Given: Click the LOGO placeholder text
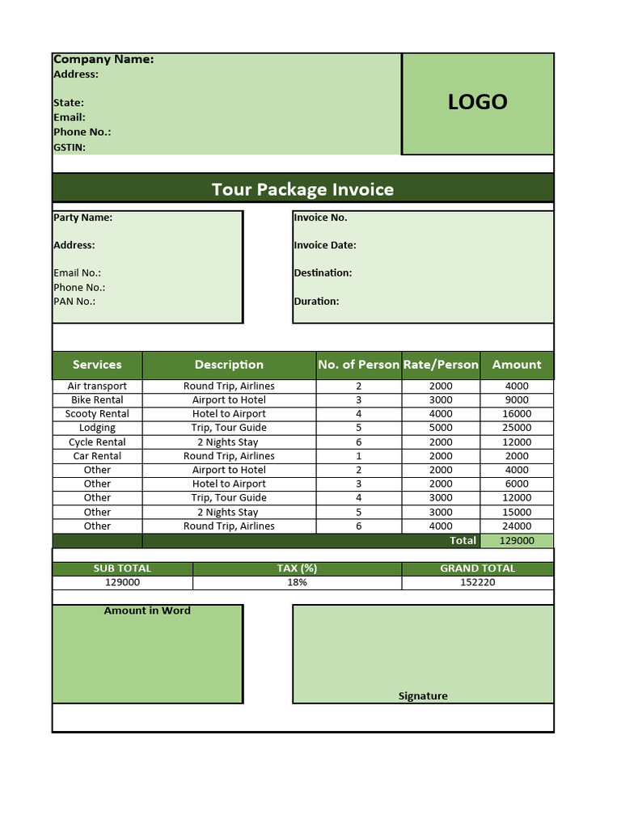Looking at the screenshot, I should (x=477, y=102).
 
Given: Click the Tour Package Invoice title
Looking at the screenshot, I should (x=302, y=189).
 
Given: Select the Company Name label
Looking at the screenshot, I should (x=103, y=59).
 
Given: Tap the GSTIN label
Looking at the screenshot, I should (x=70, y=147).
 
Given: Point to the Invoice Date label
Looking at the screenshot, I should (x=325, y=245).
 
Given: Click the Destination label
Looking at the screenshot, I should (x=323, y=272).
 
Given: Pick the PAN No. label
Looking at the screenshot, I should (x=74, y=301).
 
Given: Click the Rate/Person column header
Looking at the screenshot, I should (x=441, y=365).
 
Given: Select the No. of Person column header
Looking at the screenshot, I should (x=358, y=365).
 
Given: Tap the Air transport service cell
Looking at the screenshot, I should (x=97, y=386).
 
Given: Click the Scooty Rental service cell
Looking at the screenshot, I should (x=97, y=414).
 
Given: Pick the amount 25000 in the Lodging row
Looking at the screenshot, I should (x=517, y=428).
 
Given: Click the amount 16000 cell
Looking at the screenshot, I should (x=517, y=414).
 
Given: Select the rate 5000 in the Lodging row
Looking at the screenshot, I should (x=441, y=428).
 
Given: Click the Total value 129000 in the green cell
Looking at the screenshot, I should (x=517, y=540).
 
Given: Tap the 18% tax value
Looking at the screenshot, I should (x=297, y=582).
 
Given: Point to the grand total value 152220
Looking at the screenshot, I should (x=477, y=582).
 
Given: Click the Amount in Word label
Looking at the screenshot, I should (x=147, y=610).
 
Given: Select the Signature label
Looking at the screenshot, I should (x=423, y=695).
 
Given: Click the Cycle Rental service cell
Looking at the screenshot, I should (x=97, y=442).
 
